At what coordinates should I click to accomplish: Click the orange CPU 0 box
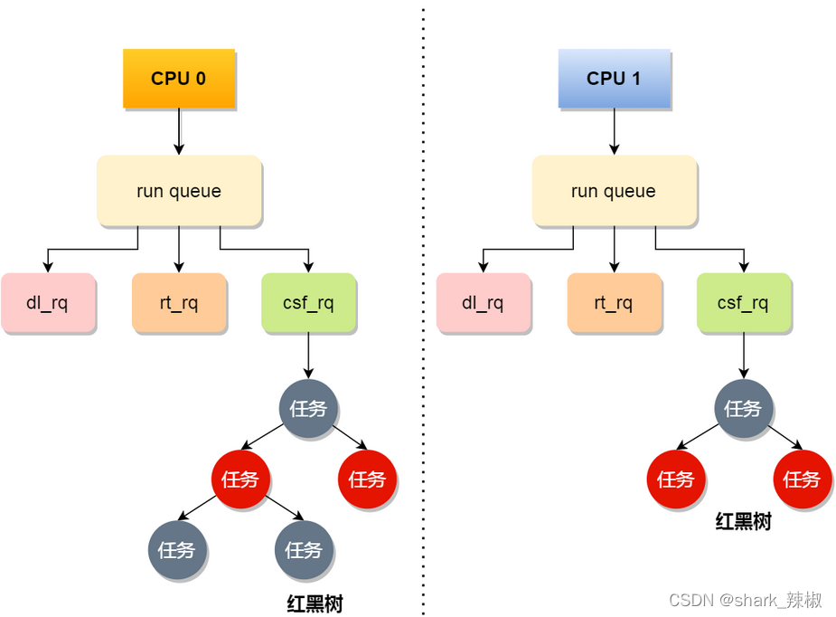point(178,79)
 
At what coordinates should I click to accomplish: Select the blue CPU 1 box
point(614,79)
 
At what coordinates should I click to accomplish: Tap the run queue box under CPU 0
point(179,191)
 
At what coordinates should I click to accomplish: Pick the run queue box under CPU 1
point(614,191)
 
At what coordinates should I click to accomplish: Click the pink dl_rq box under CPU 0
point(47,303)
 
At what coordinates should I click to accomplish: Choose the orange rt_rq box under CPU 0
point(178,303)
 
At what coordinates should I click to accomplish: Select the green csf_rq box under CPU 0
point(308,303)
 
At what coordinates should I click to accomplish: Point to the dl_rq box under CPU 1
point(483,303)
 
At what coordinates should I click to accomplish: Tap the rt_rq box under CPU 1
point(614,303)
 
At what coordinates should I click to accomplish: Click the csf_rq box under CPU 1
point(744,303)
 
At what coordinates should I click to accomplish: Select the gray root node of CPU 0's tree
point(308,409)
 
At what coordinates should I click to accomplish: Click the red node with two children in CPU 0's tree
point(240,479)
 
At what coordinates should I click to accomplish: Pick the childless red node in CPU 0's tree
point(367,479)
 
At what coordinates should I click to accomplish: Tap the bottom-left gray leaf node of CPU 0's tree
point(177,550)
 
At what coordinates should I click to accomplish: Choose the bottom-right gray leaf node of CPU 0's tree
point(304,550)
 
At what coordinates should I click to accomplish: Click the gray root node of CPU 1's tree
point(743,409)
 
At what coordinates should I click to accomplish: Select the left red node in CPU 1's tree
point(675,479)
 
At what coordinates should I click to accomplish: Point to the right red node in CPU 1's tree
point(802,479)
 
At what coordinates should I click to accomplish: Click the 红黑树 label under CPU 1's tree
point(743,522)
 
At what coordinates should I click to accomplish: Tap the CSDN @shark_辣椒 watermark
point(746,600)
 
